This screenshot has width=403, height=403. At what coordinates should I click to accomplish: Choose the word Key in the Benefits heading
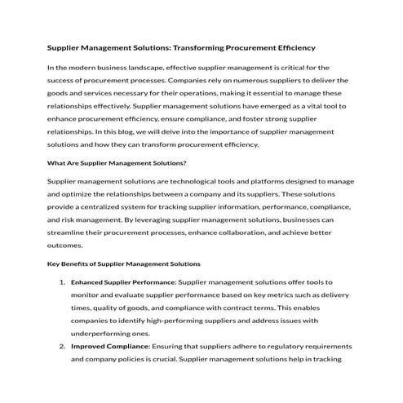point(55,263)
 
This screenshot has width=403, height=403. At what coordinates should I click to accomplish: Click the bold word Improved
point(92,346)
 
